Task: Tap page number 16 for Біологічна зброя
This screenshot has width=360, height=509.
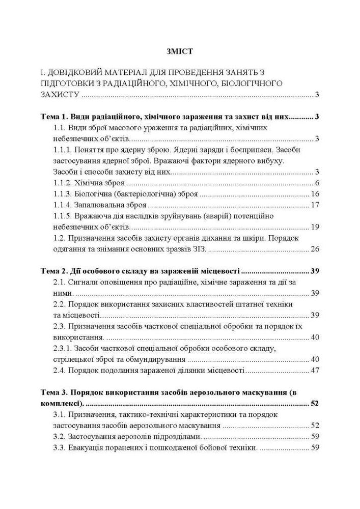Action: point(314,194)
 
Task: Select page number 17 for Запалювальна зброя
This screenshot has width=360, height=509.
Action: point(314,206)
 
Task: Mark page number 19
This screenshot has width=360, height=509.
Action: point(314,227)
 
